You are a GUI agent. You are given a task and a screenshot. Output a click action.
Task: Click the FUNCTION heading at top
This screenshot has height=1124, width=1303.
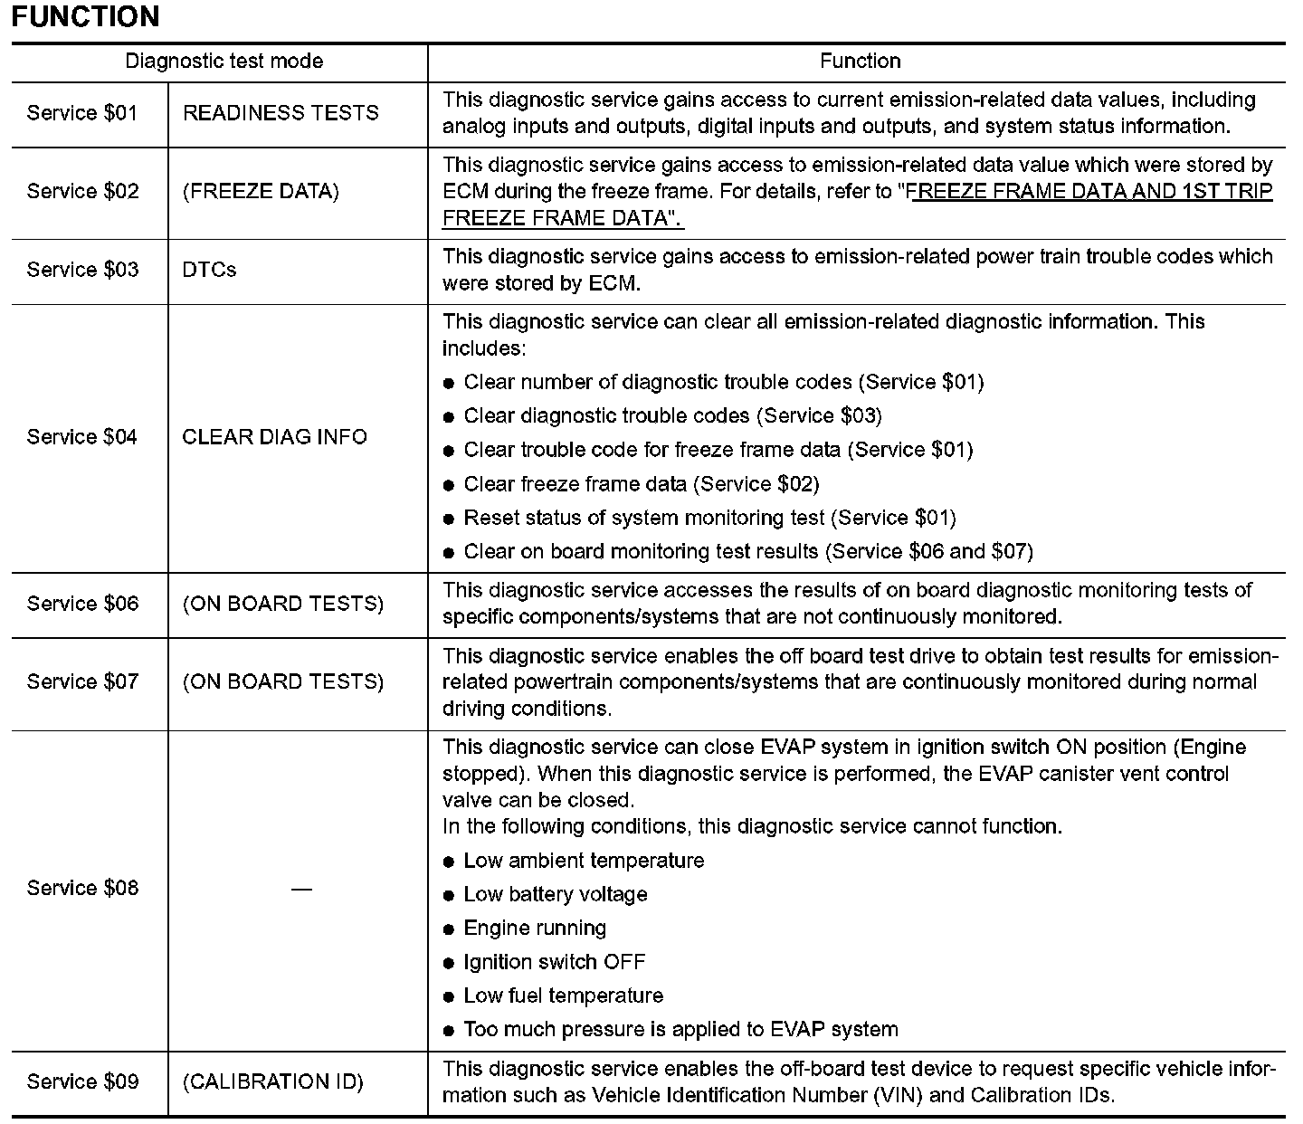pyautogui.click(x=86, y=17)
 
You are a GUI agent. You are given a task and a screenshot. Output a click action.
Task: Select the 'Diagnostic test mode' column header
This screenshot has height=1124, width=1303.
pyautogui.click(x=224, y=62)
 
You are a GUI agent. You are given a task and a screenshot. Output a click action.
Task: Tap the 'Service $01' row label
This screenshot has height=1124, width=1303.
pyautogui.click(x=82, y=113)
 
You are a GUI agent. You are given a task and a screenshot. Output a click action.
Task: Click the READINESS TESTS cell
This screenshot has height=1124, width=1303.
pyautogui.click(x=281, y=113)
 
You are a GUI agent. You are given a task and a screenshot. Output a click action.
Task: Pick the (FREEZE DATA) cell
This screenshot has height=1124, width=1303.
pyautogui.click(x=261, y=192)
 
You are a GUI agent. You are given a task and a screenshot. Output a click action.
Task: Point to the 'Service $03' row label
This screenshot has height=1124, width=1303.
pyautogui.click(x=82, y=270)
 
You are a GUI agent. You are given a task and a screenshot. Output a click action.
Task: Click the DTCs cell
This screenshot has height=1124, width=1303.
pyautogui.click(x=209, y=270)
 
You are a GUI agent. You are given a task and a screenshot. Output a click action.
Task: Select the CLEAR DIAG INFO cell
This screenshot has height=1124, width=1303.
pyautogui.click(x=275, y=437)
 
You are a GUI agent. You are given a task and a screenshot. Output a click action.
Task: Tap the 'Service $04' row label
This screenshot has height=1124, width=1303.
pyautogui.click(x=82, y=437)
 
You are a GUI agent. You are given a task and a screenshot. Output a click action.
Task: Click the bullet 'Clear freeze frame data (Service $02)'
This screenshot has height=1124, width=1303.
pyautogui.click(x=641, y=484)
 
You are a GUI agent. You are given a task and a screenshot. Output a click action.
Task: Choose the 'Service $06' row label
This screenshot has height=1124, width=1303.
pyautogui.click(x=82, y=604)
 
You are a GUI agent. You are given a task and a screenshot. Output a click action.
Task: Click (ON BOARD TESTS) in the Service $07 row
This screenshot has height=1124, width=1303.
pyautogui.click(x=283, y=681)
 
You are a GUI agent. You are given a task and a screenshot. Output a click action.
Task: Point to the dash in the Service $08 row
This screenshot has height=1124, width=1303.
pyautogui.click(x=301, y=889)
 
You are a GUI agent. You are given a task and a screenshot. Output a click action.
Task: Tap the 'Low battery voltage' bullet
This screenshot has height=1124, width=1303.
pyautogui.click(x=555, y=895)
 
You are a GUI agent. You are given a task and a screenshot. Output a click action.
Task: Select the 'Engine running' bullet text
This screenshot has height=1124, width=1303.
pyautogui.click(x=535, y=929)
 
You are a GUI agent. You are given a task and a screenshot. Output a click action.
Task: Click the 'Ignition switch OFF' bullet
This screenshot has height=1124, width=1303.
pyautogui.click(x=554, y=962)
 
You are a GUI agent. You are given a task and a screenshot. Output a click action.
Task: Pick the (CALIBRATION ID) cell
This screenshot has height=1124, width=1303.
pyautogui.click(x=273, y=1082)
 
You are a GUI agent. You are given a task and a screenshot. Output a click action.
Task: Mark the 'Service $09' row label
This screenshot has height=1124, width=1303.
pyautogui.click(x=82, y=1082)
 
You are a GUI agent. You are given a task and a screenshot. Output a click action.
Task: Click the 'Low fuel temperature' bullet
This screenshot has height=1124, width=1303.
pyautogui.click(x=563, y=996)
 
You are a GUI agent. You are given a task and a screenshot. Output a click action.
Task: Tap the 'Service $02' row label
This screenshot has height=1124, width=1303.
pyautogui.click(x=82, y=192)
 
